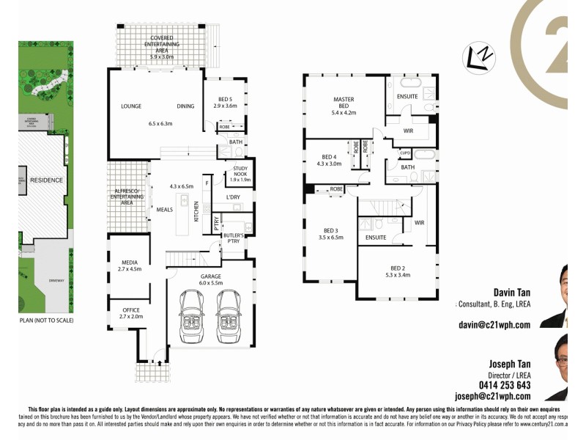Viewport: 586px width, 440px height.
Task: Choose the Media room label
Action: click(129, 265)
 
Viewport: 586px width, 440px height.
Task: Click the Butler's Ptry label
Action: click(235, 236)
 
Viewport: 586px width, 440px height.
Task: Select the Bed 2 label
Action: click(396, 271)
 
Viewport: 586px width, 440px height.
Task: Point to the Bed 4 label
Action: click(329, 159)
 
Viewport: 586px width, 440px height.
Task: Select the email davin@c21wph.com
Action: click(494, 323)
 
